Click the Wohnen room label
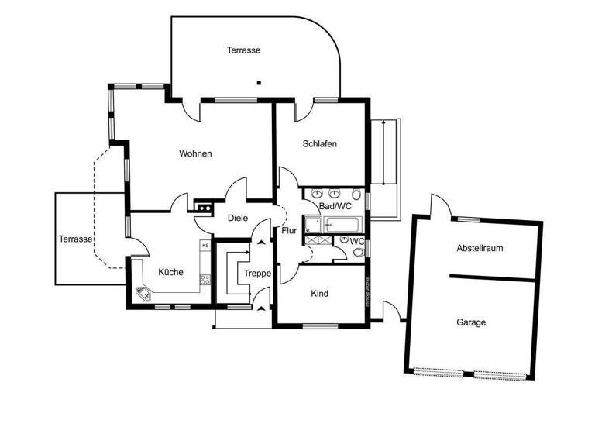pyautogui.click(x=195, y=153)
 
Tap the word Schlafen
pyautogui.click(x=320, y=143)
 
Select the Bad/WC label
pyautogui.click(x=335, y=206)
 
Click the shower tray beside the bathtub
pyautogui.click(x=315, y=226)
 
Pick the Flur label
pyautogui.click(x=289, y=230)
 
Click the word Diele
pyautogui.click(x=238, y=218)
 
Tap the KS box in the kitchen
pyautogui.click(x=205, y=246)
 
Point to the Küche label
pyautogui.click(x=170, y=272)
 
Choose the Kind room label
pyautogui.click(x=320, y=294)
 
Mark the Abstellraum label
pyautogui.click(x=480, y=249)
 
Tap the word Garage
pyautogui.click(x=471, y=322)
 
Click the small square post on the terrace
pyautogui.click(x=260, y=82)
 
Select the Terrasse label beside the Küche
pyautogui.click(x=75, y=239)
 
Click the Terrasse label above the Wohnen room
pyautogui.click(x=243, y=50)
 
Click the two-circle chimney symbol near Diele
pyautogui.click(x=205, y=207)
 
